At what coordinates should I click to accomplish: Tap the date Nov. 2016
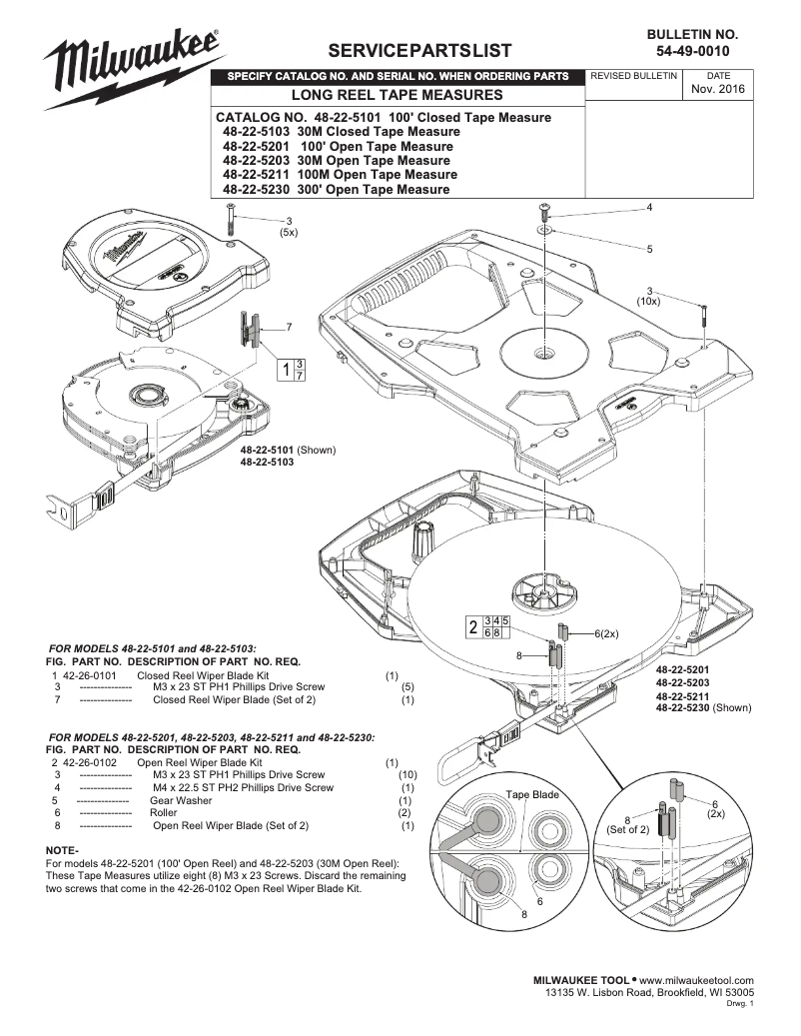click(x=717, y=90)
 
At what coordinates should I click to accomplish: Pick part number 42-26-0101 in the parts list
click(x=91, y=675)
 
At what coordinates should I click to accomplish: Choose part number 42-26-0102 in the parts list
click(x=91, y=762)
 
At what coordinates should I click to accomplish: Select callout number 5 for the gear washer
click(x=649, y=248)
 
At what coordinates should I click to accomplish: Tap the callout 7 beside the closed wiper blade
click(x=289, y=327)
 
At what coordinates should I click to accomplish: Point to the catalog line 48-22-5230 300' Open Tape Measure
click(x=336, y=189)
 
